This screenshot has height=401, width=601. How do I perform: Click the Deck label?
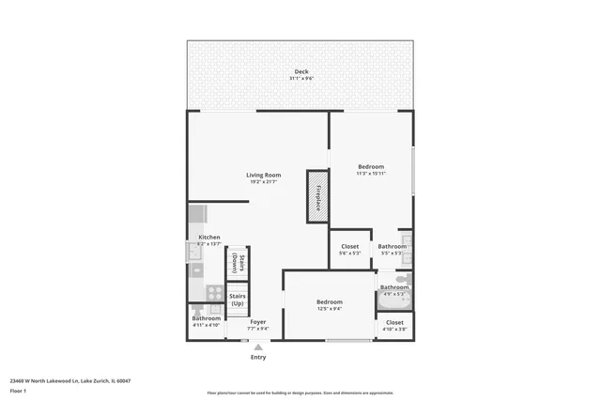click(300, 72)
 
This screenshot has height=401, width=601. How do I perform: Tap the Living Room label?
click(264, 176)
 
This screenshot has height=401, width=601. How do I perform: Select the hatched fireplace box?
click(317, 196)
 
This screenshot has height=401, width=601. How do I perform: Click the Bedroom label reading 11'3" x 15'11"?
click(371, 167)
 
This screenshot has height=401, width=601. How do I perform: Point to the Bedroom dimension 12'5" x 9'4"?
click(329, 308)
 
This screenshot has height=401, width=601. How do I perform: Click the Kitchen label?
click(208, 238)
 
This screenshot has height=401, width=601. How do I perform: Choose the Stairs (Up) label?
click(238, 301)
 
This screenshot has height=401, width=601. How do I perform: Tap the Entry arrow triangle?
click(258, 347)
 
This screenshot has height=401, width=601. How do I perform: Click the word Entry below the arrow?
click(258, 357)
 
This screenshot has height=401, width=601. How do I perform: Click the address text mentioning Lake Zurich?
click(69, 380)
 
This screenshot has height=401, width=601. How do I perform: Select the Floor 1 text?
click(18, 391)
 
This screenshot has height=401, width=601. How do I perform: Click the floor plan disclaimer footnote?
click(300, 393)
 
